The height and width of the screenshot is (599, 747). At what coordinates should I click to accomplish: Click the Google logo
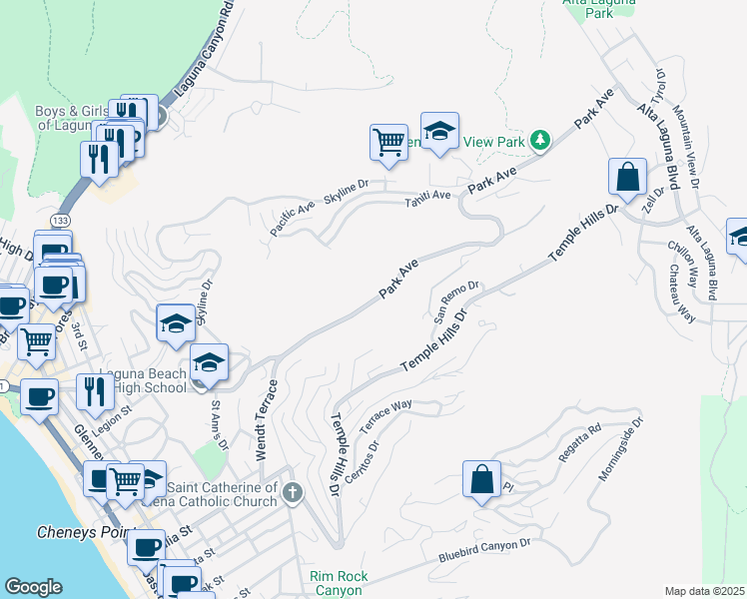tap(34, 588)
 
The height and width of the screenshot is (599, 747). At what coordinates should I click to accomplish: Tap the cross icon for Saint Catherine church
tap(292, 492)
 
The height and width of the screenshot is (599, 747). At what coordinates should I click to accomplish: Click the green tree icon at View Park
tap(539, 140)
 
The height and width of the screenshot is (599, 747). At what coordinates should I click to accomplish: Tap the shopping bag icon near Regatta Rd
tap(481, 477)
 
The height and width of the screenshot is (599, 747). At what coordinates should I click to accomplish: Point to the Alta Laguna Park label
tap(600, 8)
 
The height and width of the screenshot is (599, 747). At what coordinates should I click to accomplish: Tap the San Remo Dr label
tap(457, 300)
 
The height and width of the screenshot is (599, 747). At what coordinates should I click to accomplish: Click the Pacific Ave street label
tap(292, 218)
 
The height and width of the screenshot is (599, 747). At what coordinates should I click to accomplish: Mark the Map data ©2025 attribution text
tap(704, 591)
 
